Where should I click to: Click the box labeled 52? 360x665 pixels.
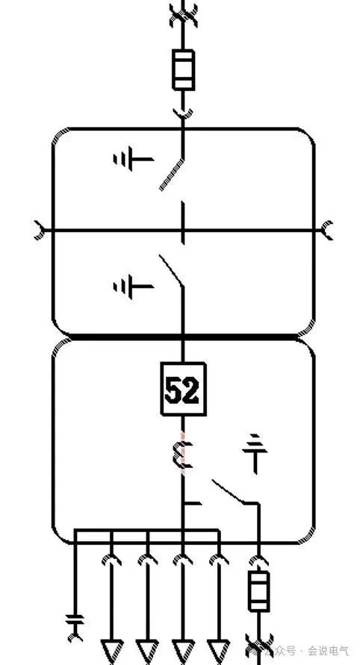[184, 388]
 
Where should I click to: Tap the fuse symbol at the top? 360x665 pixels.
[184, 70]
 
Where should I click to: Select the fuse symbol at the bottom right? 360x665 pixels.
[258, 591]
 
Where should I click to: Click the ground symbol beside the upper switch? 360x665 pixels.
[133, 160]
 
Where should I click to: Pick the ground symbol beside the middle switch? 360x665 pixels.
[133, 287]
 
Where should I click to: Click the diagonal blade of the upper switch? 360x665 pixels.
[172, 175]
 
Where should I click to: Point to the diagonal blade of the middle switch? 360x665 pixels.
[172, 271]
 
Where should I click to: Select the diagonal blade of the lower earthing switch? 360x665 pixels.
[229, 492]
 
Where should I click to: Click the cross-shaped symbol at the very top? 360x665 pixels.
[184, 15]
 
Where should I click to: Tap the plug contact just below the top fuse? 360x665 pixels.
[184, 113]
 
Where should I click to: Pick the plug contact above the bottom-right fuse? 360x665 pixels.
[258, 561]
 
